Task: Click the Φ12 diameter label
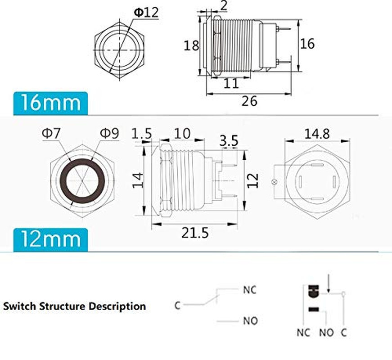pyautogui.click(x=146, y=13)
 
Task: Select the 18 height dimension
pyautogui.click(x=191, y=46)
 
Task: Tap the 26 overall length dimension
pyautogui.click(x=249, y=101)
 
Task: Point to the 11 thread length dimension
pyautogui.click(x=231, y=83)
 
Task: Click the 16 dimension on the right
pyautogui.click(x=307, y=44)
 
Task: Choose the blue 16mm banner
pyautogui.click(x=50, y=103)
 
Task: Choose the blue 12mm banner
pyautogui.click(x=50, y=239)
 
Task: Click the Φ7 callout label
pyautogui.click(x=51, y=133)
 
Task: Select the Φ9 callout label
pyautogui.click(x=109, y=133)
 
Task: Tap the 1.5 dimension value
pyautogui.click(x=141, y=134)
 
